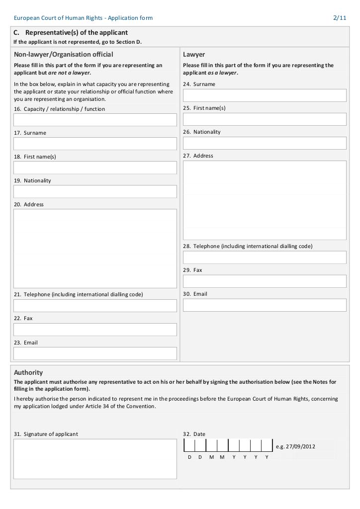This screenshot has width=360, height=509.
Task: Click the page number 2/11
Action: (340, 18)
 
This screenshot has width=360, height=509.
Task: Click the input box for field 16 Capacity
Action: (95, 120)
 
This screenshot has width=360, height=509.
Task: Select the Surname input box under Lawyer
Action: (265, 95)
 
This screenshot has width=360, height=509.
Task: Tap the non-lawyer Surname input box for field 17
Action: (95, 144)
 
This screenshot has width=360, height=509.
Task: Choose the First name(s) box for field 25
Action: (265, 119)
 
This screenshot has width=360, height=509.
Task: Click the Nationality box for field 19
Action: (95, 192)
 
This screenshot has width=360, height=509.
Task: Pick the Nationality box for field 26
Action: (265, 143)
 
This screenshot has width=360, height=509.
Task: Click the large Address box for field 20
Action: (95, 249)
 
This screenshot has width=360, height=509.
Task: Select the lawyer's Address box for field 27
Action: (265, 200)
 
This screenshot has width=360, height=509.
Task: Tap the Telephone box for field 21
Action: (95, 306)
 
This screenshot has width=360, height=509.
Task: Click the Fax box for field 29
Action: (265, 281)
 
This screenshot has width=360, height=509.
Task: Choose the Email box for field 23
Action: (95, 353)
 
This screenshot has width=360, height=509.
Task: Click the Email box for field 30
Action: (265, 305)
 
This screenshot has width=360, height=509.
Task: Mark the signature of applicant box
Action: (95, 459)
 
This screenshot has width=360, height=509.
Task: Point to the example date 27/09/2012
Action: (295, 446)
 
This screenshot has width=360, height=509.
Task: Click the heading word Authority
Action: (28, 372)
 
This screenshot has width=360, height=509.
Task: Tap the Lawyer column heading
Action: (194, 55)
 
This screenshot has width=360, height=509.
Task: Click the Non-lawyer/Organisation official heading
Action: (64, 55)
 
